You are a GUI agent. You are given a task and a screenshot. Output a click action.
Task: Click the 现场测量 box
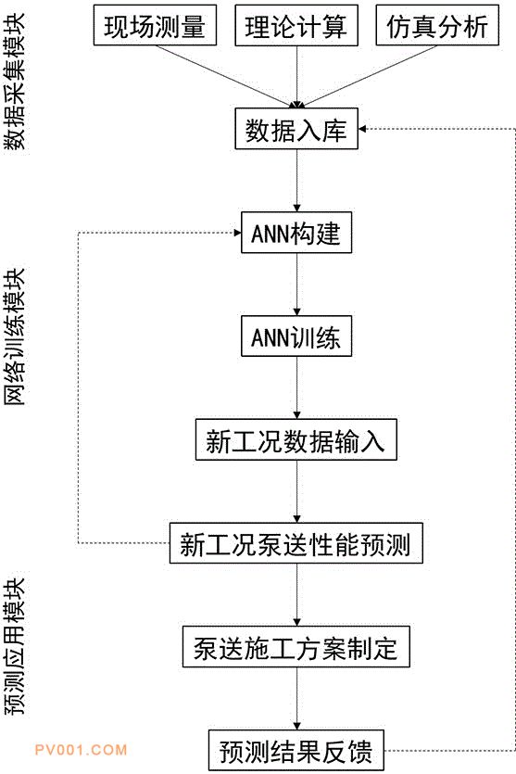pyautogui.click(x=155, y=25)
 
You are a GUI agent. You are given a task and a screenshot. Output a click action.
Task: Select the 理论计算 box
pyautogui.click(x=296, y=25)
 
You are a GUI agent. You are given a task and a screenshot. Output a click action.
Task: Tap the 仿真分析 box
pyautogui.click(x=437, y=25)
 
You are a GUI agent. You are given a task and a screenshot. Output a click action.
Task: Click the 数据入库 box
pyautogui.click(x=296, y=129)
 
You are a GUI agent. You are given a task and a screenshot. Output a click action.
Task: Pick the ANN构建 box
pyautogui.click(x=296, y=233)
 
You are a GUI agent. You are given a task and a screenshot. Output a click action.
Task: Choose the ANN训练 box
pyautogui.click(x=296, y=336)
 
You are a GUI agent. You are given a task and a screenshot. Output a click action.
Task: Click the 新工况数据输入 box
pyautogui.click(x=296, y=439)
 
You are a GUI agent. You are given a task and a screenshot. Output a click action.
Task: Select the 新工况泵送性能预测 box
pyautogui.click(x=296, y=543)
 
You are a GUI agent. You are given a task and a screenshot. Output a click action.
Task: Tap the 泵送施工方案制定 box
pyautogui.click(x=296, y=647)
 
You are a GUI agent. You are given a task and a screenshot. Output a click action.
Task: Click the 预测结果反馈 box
pyautogui.click(x=296, y=750)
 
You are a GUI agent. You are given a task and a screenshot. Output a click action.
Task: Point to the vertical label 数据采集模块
pyautogui.click(x=15, y=82)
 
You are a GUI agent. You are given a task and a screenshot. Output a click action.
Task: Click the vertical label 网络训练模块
pyautogui.click(x=15, y=336)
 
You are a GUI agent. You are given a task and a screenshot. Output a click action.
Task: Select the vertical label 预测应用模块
pyautogui.click(x=15, y=647)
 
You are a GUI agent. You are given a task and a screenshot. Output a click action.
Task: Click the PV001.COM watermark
pyautogui.click(x=81, y=750)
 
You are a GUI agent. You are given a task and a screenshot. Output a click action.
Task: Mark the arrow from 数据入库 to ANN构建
pyautogui.click(x=296, y=181)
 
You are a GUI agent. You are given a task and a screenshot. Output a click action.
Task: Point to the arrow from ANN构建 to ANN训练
pyautogui.click(x=296, y=285)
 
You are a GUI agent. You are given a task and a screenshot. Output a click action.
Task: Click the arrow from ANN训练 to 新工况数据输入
pyautogui.click(x=296, y=388)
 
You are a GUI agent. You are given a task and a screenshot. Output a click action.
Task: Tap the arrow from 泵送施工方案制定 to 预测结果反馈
pyautogui.click(x=296, y=699)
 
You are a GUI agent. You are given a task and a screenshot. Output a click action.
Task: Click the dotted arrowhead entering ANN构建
pyautogui.click(x=237, y=233)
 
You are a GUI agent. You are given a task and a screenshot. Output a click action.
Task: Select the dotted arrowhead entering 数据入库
pyautogui.click(x=362, y=129)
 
